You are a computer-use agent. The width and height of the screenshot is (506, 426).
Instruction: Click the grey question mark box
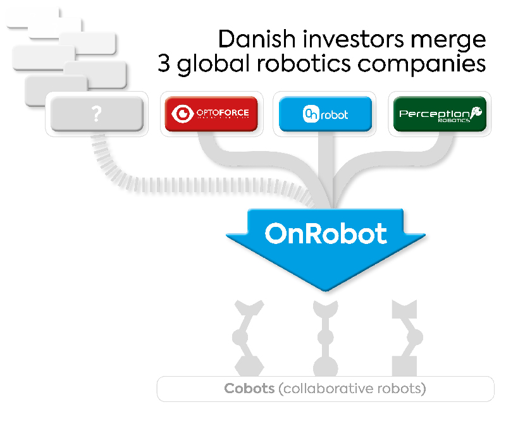point(96,114)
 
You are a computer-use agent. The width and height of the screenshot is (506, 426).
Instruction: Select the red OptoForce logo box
point(211,114)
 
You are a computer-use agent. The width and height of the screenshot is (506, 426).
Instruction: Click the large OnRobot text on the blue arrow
point(326,234)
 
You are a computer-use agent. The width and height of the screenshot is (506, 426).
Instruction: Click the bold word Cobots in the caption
point(249,388)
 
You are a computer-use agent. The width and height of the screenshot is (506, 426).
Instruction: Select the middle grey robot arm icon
point(325,338)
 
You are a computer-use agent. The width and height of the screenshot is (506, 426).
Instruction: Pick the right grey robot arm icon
point(405,338)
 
